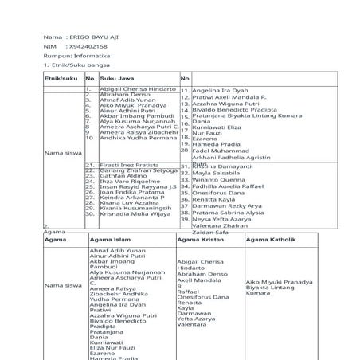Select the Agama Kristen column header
[x=199, y=239]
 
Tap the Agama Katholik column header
[x=270, y=239]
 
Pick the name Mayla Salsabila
[x=216, y=173]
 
